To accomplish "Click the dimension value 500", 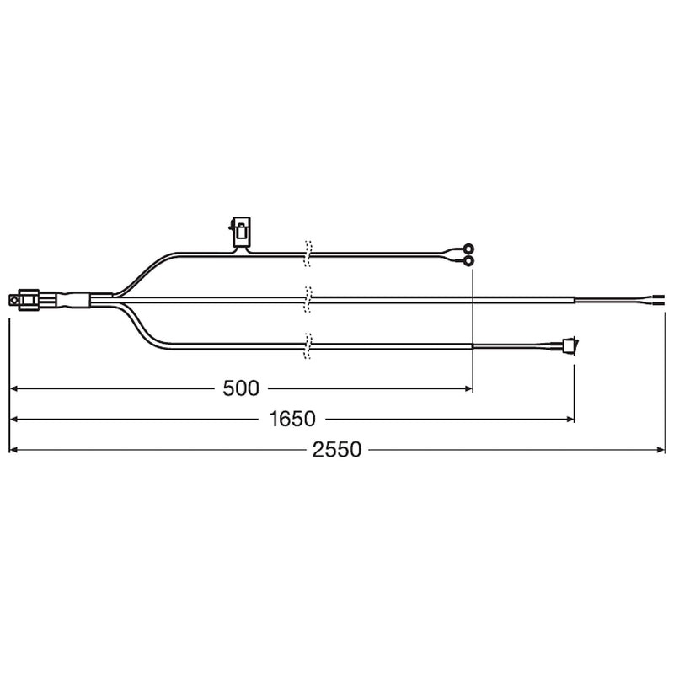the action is [x=241, y=388].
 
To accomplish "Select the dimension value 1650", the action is [x=292, y=419].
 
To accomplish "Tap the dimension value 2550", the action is [x=336, y=450].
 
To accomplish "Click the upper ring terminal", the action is [x=468, y=249].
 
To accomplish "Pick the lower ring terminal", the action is [x=468, y=261].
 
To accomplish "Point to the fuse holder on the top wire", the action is [x=240, y=233].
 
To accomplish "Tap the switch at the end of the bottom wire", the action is [x=570, y=344].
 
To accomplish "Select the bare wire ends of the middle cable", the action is [x=659, y=300].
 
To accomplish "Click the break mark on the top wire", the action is [x=308, y=254].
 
